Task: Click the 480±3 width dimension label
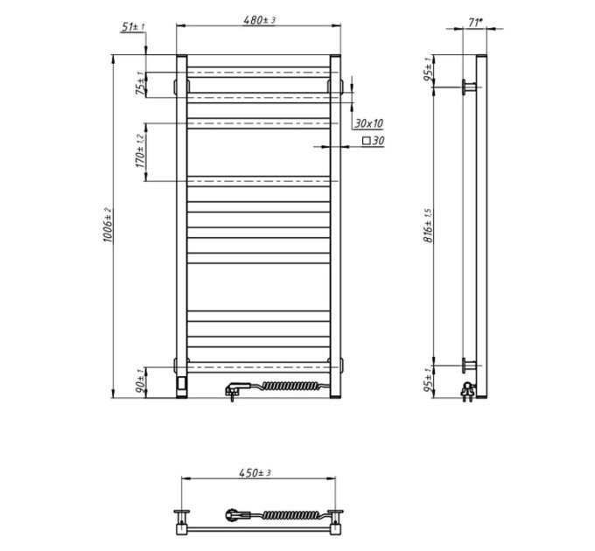coord(259,20)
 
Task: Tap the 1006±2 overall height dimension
coord(108,225)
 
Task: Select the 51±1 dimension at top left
coord(133,27)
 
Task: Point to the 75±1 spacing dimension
coord(141,83)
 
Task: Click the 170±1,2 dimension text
coord(140,151)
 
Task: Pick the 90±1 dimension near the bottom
coord(141,382)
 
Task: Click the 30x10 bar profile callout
coord(369,123)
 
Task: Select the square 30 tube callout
coord(374,141)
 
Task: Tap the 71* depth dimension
coord(475,23)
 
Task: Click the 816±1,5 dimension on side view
coord(429,226)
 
